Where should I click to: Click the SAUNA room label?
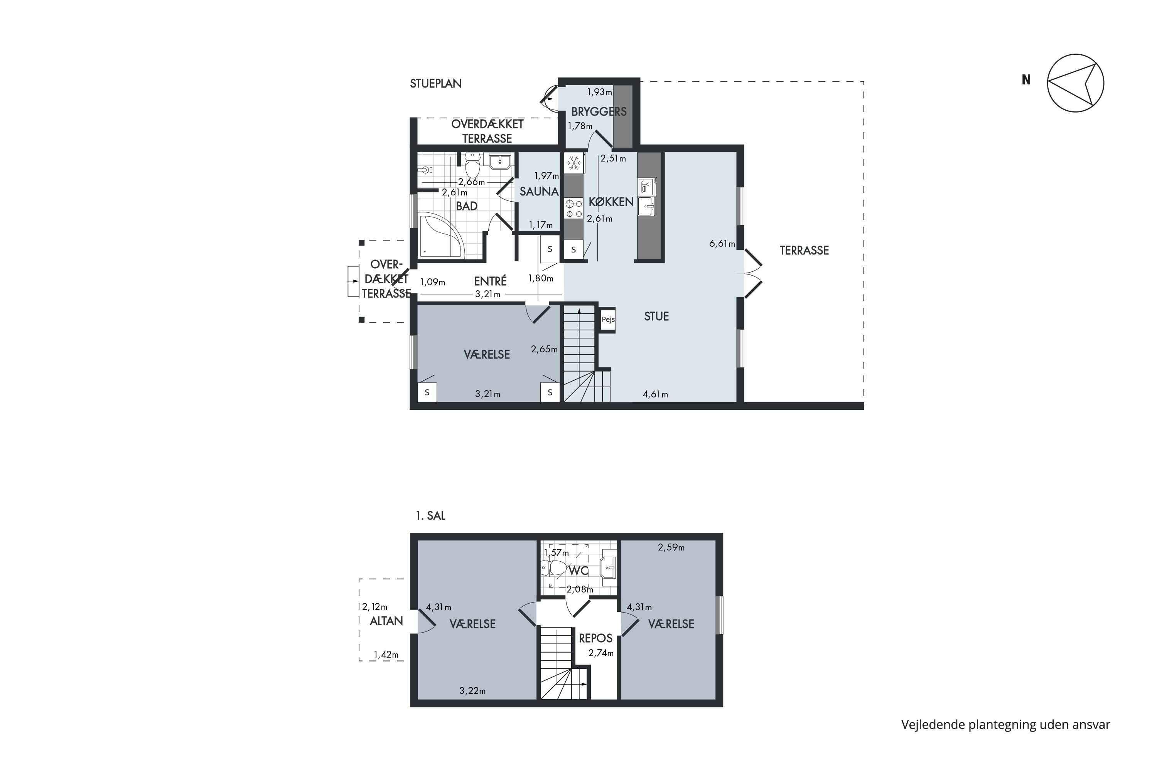(539, 191)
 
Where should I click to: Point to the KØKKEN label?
(611, 202)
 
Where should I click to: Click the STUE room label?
(656, 316)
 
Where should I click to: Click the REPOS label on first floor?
(595, 638)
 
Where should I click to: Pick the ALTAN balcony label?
(386, 621)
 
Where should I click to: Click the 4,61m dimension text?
(655, 394)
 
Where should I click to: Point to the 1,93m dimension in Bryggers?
(600, 92)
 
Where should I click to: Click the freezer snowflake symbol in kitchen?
(573, 163)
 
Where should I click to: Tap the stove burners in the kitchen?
(573, 208)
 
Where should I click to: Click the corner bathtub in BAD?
(441, 236)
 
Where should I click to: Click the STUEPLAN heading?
(436, 84)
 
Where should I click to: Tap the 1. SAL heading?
(430, 516)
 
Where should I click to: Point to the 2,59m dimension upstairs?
(671, 547)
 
